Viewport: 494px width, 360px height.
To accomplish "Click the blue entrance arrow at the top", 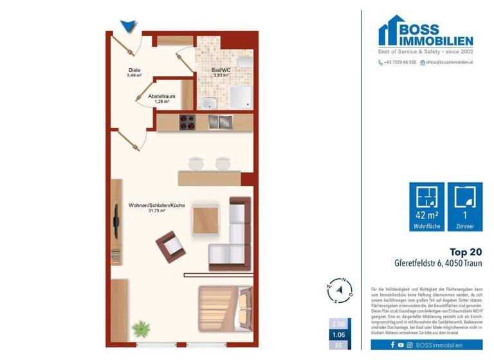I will [129, 25].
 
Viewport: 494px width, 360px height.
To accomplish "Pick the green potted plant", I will [140, 330].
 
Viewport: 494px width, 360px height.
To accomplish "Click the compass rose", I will [338, 291].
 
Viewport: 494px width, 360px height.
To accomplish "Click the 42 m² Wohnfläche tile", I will [426, 207].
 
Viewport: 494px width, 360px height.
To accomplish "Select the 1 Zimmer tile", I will [464, 207].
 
